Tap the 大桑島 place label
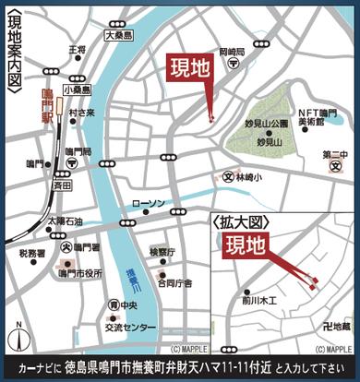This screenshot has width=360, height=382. (119, 35)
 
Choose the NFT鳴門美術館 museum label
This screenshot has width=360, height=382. (309, 115)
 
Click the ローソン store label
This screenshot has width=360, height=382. (148, 203)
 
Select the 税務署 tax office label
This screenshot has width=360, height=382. (32, 252)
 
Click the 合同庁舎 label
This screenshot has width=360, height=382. (174, 283)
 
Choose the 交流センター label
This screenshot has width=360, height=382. (128, 327)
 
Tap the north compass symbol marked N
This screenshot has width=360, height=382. (17, 336)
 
